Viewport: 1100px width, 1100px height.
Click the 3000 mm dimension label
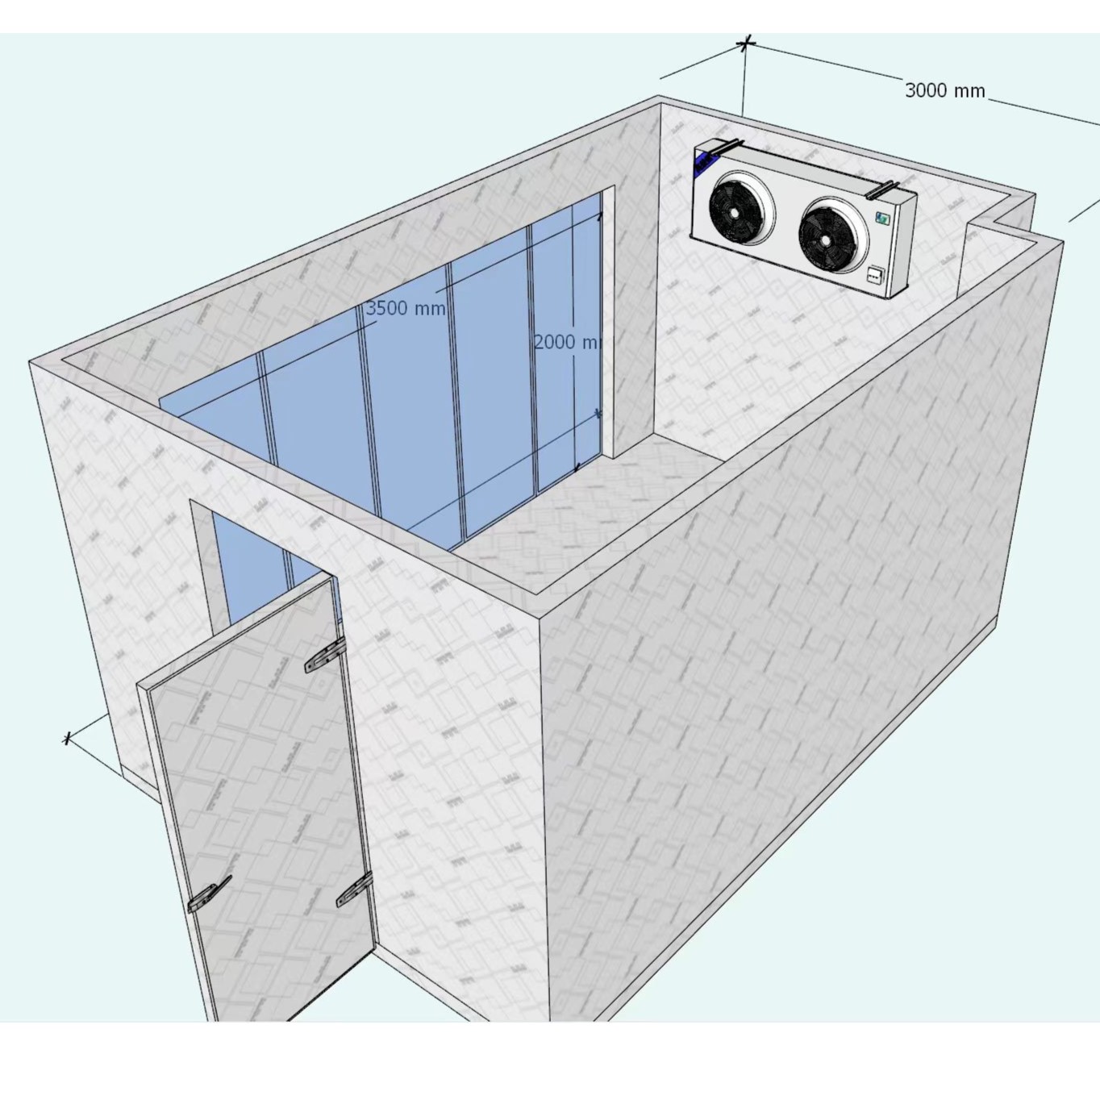click(944, 90)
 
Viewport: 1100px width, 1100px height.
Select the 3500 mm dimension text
click(405, 308)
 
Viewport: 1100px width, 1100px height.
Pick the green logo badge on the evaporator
click(883, 218)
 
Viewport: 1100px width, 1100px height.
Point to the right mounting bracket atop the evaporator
click(882, 190)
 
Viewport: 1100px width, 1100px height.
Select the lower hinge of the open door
click(355, 890)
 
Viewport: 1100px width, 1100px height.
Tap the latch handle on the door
click(210, 895)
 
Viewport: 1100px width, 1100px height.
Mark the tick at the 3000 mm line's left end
click(747, 44)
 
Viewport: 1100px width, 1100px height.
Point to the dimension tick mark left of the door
click(68, 738)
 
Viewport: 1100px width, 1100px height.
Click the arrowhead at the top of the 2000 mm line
click(600, 216)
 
